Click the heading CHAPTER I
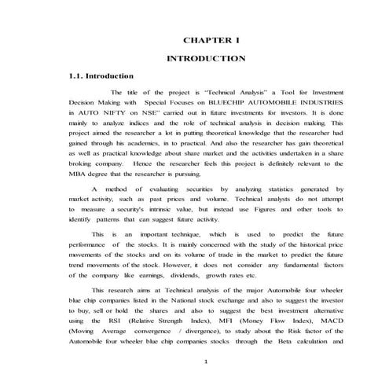coord(207,39)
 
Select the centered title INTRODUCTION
coord(207,59)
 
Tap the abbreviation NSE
coord(156,113)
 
